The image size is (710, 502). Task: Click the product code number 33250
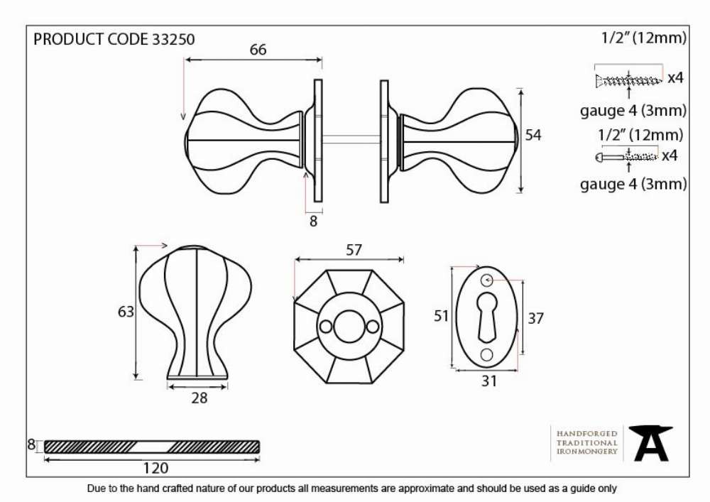pyautogui.click(x=173, y=39)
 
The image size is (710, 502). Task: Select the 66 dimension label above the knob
pyautogui.click(x=258, y=49)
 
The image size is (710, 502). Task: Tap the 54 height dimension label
pyautogui.click(x=533, y=135)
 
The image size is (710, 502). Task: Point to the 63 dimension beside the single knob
pyautogui.click(x=126, y=312)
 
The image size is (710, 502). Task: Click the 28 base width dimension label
pyautogui.click(x=200, y=398)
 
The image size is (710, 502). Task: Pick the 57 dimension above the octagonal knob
pyautogui.click(x=354, y=250)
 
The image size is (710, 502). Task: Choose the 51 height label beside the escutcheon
pyautogui.click(x=441, y=315)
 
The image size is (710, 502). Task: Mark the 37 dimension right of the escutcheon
pyautogui.click(x=535, y=318)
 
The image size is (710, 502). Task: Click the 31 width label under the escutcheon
pyautogui.click(x=489, y=381)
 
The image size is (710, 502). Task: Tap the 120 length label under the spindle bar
pyautogui.click(x=155, y=468)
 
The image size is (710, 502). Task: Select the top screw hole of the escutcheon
pyautogui.click(x=487, y=280)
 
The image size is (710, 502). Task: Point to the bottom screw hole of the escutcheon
pyautogui.click(x=487, y=354)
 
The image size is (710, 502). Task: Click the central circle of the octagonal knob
pyautogui.click(x=349, y=327)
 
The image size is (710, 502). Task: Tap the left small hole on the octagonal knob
pyautogui.click(x=326, y=327)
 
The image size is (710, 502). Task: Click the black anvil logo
pyautogui.click(x=651, y=443)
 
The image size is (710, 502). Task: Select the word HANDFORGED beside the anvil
pyautogui.click(x=587, y=434)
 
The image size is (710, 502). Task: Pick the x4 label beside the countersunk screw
pyautogui.click(x=676, y=78)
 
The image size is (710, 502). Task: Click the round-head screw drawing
pyautogui.click(x=626, y=157)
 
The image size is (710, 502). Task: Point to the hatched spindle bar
pyautogui.click(x=152, y=447)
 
